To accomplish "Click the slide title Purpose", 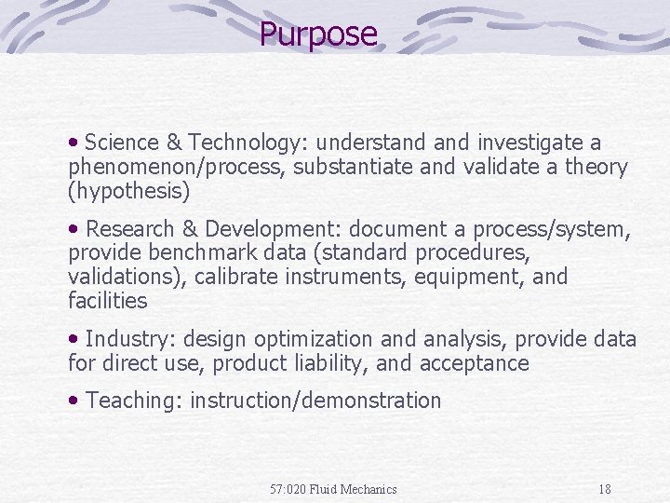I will click(318, 34).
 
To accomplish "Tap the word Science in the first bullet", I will click(121, 143).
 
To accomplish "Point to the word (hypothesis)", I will click(128, 192).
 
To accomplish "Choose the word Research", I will click(129, 229).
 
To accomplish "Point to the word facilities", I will click(107, 301).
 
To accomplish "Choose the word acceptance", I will click(475, 363).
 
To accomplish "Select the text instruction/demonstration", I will click(315, 401).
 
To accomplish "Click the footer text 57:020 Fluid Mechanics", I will click(333, 489).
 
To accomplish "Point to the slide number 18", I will click(605, 489).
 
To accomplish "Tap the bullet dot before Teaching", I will click(74, 401).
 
